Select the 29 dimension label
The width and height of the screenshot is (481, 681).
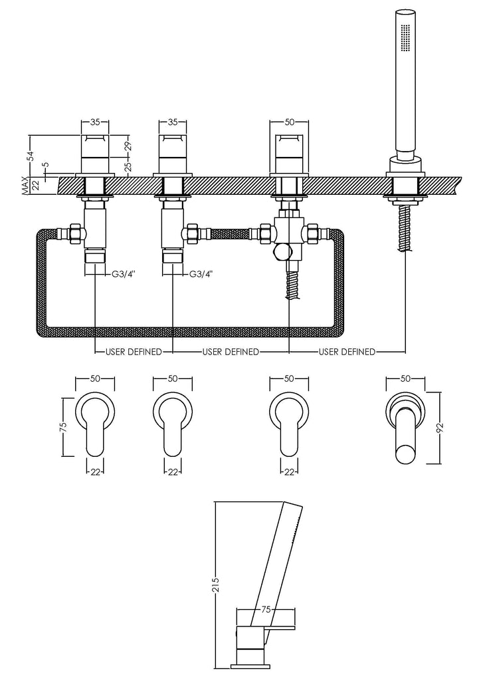click(x=128, y=145)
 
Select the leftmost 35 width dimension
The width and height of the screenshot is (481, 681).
click(x=95, y=122)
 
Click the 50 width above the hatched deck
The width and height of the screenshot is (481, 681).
click(x=289, y=122)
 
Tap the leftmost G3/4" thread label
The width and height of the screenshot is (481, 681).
click(x=123, y=273)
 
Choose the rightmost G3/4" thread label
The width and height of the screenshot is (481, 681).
click(x=201, y=273)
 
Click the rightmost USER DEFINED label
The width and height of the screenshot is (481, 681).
click(x=347, y=352)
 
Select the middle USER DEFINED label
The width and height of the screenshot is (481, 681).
click(x=231, y=352)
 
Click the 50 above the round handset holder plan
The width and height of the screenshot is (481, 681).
click(x=405, y=378)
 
